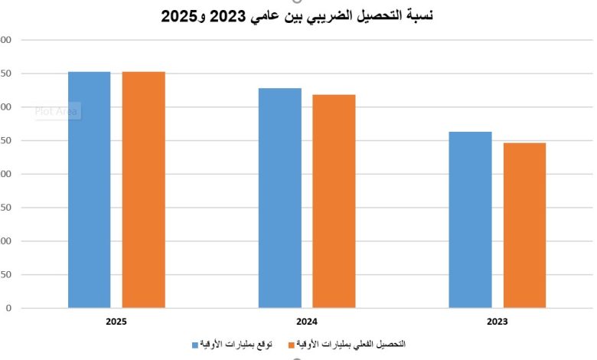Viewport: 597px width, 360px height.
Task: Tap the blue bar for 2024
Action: [279, 198]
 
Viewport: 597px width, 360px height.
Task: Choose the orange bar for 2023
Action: [524, 225]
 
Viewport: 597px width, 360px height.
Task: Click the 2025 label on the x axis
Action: [116, 322]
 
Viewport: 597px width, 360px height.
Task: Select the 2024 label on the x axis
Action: [307, 322]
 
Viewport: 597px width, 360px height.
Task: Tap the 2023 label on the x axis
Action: [497, 322]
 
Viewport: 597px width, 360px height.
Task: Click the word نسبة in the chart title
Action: [416, 15]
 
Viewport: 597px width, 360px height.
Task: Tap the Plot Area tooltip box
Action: [57, 111]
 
